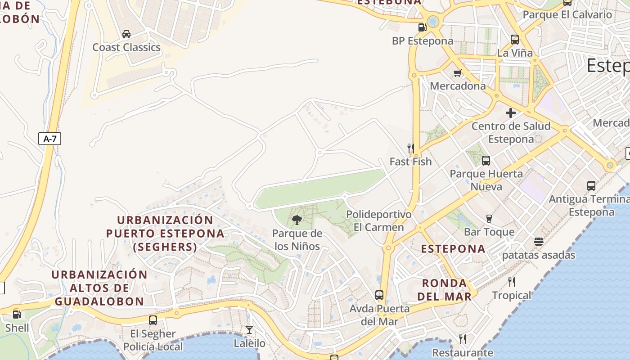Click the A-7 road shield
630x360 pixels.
(x=49, y=139)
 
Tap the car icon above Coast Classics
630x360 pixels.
(x=126, y=34)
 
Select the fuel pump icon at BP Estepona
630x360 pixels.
(x=422, y=27)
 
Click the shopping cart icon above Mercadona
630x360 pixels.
(x=458, y=73)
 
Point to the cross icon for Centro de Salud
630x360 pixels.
(x=511, y=113)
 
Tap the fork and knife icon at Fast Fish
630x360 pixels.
(x=410, y=148)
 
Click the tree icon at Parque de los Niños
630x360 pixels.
(x=297, y=220)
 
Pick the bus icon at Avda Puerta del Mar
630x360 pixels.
(x=379, y=295)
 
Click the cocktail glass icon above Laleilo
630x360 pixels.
(x=249, y=330)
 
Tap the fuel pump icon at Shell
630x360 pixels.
(x=17, y=315)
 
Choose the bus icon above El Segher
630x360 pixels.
(x=153, y=320)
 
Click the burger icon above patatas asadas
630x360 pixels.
(x=539, y=242)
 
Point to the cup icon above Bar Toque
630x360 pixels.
(x=489, y=219)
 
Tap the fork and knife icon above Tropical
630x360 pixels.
(x=511, y=282)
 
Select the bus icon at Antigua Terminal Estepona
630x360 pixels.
(x=591, y=185)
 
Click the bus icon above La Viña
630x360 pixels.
(x=515, y=40)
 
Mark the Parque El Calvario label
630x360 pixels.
(x=567, y=14)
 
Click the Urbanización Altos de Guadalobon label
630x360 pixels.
(x=99, y=288)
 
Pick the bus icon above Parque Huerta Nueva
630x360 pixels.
(x=486, y=160)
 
